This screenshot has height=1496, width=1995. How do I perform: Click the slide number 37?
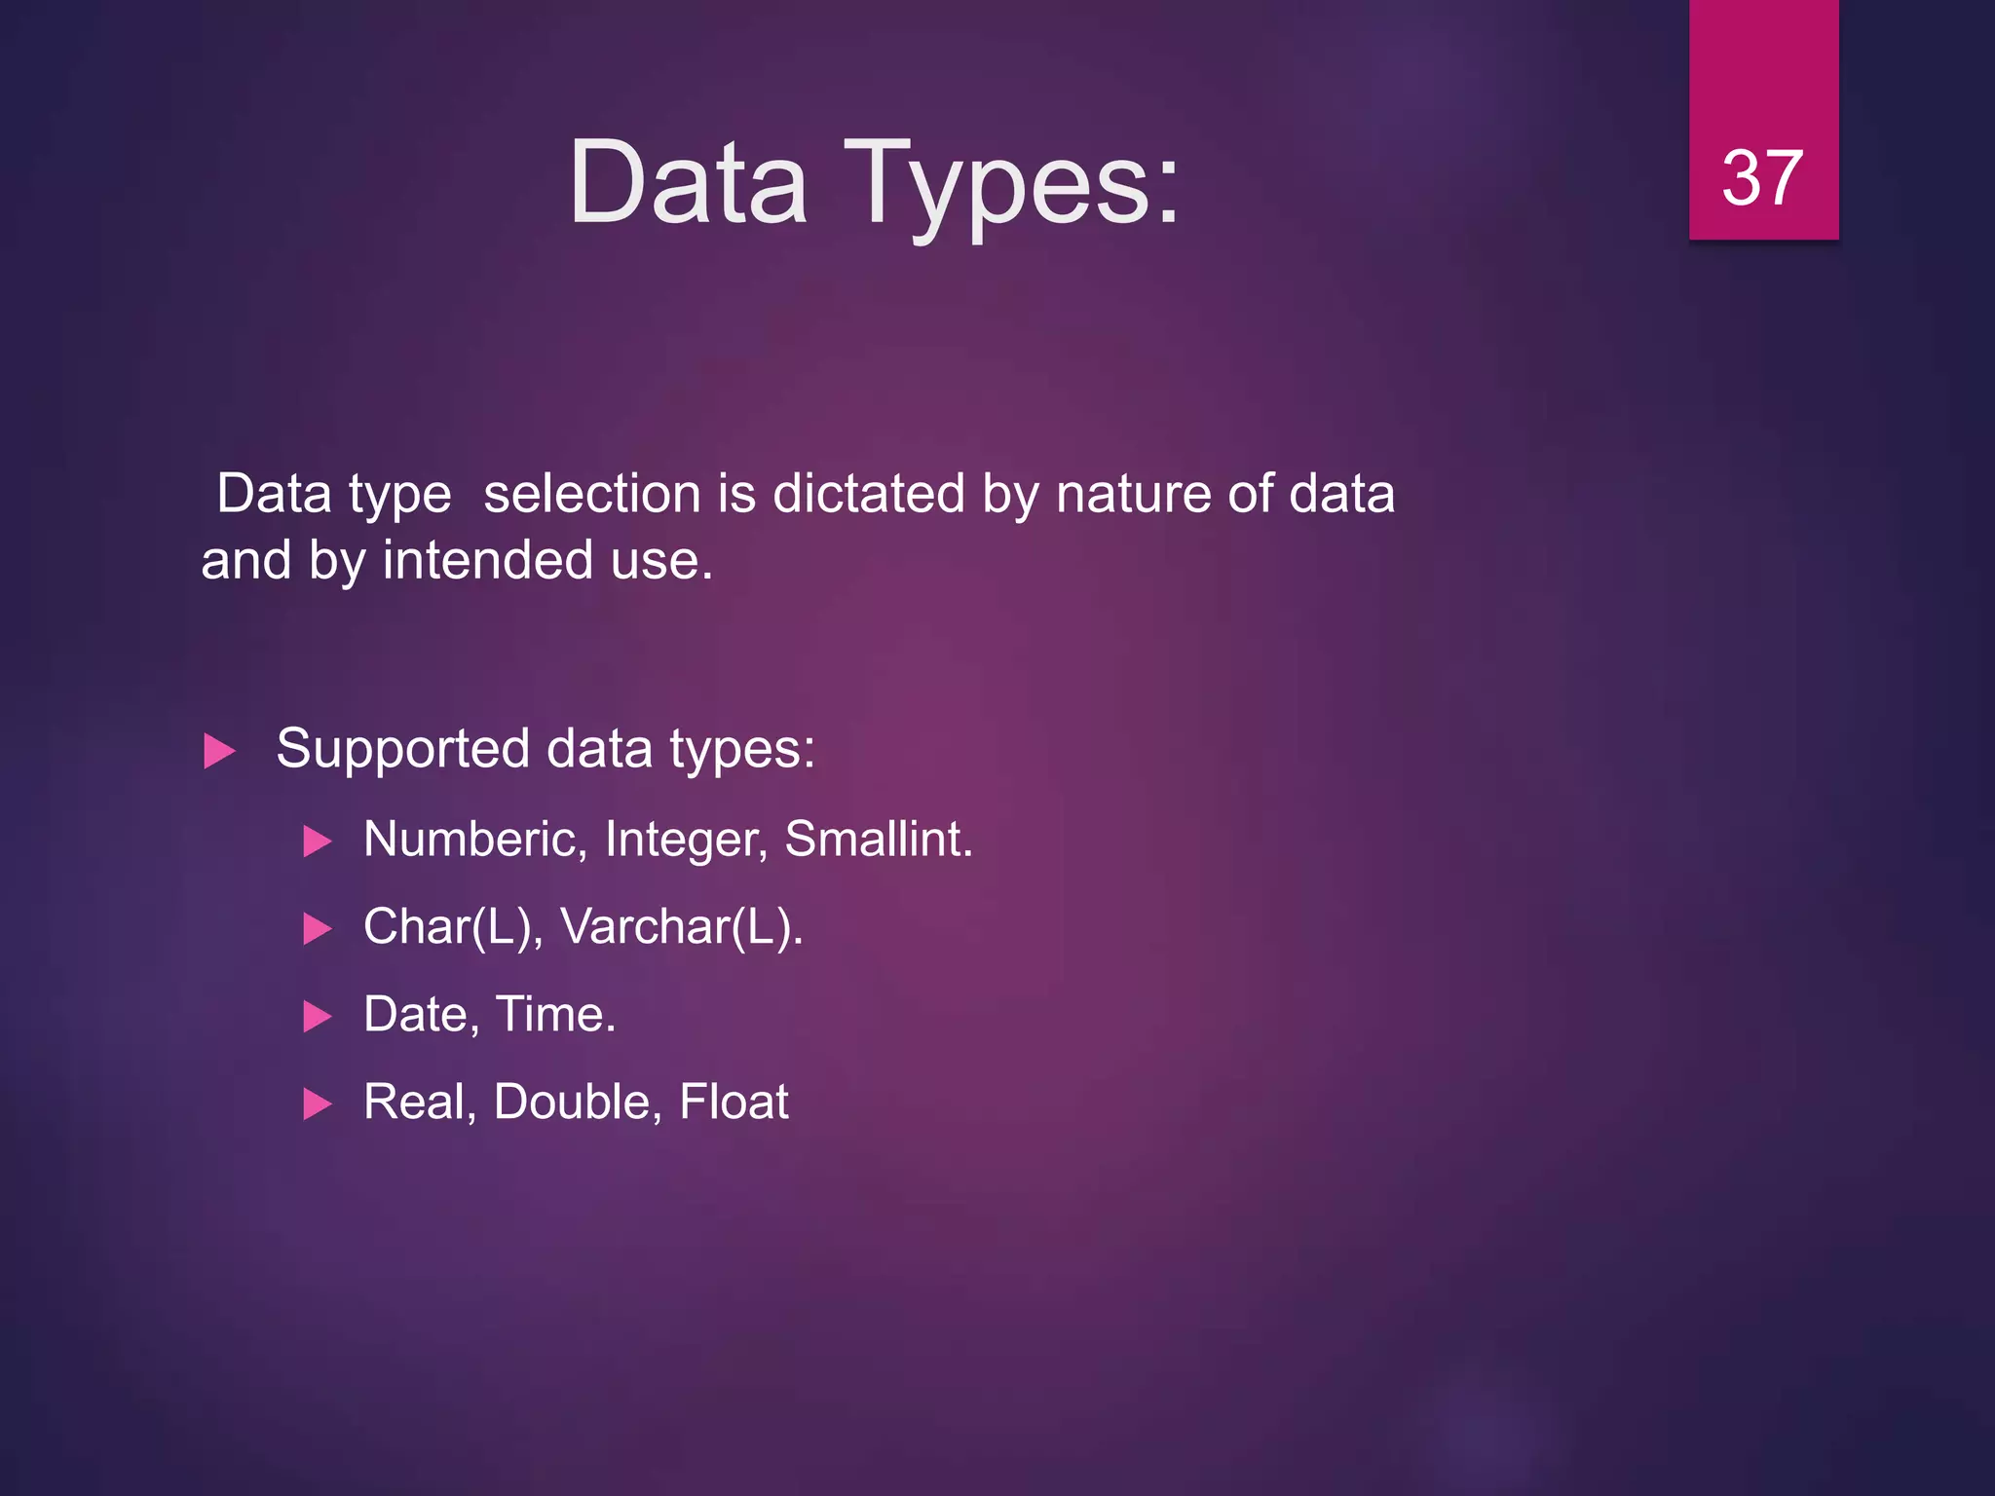(x=1762, y=178)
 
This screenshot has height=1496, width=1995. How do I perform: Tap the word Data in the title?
(x=688, y=183)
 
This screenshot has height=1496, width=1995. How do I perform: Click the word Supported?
(x=403, y=750)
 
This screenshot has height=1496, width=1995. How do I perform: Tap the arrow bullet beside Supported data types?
(x=220, y=751)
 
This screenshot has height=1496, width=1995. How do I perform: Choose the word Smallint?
(x=878, y=839)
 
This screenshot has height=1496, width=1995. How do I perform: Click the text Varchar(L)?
(x=681, y=926)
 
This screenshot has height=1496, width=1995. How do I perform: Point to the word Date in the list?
(x=421, y=1014)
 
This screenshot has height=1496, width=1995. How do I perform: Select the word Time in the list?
(x=555, y=1014)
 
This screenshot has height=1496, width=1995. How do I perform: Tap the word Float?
(x=734, y=1102)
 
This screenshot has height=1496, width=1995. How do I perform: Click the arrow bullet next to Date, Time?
(x=318, y=1016)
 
